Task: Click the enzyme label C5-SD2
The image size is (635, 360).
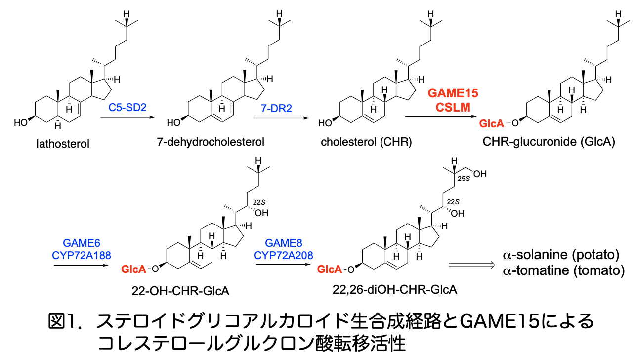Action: coord(128,107)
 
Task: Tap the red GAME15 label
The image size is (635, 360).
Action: coord(453,93)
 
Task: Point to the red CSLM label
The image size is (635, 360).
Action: coord(453,106)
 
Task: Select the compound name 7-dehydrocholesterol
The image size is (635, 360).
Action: coord(211,142)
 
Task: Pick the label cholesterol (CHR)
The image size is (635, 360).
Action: coord(366,142)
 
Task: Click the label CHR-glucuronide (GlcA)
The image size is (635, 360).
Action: coord(549,142)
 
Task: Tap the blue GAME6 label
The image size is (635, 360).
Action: coord(81,243)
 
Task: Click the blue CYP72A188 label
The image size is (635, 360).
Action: coord(81,255)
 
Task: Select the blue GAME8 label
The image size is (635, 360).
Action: coord(284,243)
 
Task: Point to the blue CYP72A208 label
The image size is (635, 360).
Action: coord(284,255)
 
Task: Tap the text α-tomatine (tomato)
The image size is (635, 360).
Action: coord(564,270)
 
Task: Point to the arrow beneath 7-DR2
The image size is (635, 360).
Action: coord(281,117)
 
